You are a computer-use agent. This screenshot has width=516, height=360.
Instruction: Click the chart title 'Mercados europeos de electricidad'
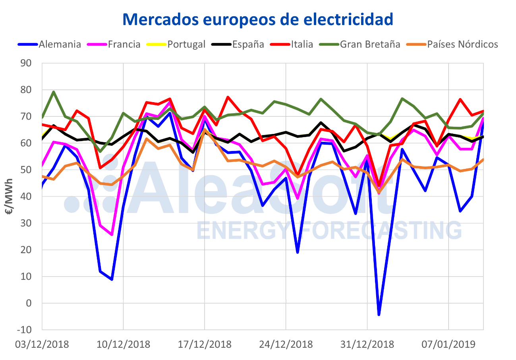pos(258,19)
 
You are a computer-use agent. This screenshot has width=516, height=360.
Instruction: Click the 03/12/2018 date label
pos(42,344)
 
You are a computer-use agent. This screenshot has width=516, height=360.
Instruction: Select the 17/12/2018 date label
pos(205,344)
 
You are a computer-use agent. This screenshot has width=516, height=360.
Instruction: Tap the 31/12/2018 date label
pos(367,344)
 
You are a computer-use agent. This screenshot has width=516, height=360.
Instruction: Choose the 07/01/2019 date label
pos(448,344)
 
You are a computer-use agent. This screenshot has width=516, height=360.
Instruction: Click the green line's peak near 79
pos(54,92)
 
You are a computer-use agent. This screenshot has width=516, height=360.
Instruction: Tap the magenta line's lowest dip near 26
pos(112,234)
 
